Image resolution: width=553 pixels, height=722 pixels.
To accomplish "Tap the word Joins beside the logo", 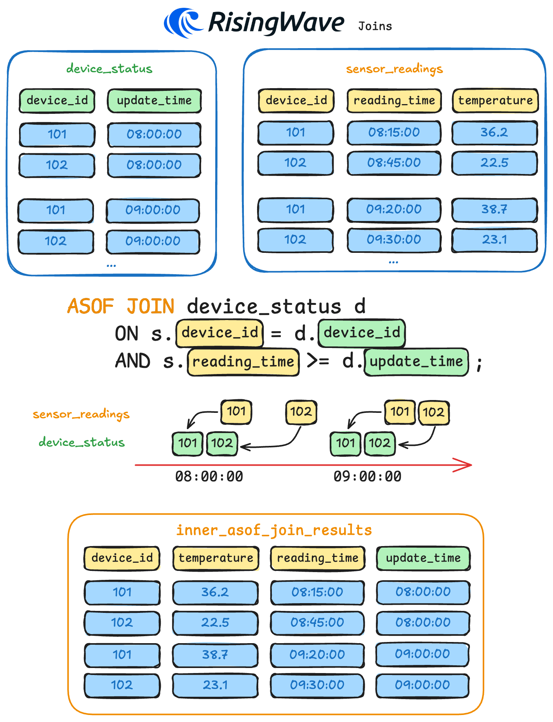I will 375,26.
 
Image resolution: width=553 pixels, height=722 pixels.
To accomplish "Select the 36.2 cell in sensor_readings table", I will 494,132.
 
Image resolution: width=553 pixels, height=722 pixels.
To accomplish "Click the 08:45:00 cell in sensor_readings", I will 394,163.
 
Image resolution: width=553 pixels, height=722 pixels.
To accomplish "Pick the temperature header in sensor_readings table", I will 495,101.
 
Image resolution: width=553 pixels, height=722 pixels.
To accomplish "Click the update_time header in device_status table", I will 154,101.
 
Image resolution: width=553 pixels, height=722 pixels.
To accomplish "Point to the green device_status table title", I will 109,69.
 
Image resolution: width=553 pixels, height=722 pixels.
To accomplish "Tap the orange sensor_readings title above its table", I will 394,69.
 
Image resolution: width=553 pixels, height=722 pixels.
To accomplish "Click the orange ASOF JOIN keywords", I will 121,306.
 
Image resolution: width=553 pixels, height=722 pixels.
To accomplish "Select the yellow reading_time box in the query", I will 243,362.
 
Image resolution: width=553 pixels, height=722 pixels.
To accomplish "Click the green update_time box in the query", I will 416,362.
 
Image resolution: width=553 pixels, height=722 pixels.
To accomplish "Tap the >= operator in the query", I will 318,361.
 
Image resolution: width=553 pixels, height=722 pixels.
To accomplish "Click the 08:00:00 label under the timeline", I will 209,477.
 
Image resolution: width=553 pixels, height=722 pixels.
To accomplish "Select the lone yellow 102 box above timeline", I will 301,412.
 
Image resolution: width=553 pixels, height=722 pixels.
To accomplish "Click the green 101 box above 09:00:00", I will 345,443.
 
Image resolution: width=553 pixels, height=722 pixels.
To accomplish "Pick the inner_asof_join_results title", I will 274,530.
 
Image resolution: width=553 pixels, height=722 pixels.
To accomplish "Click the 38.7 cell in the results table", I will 215,655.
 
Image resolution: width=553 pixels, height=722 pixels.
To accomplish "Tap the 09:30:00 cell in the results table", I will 317,685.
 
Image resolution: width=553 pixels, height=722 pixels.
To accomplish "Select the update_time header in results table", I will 423,558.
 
